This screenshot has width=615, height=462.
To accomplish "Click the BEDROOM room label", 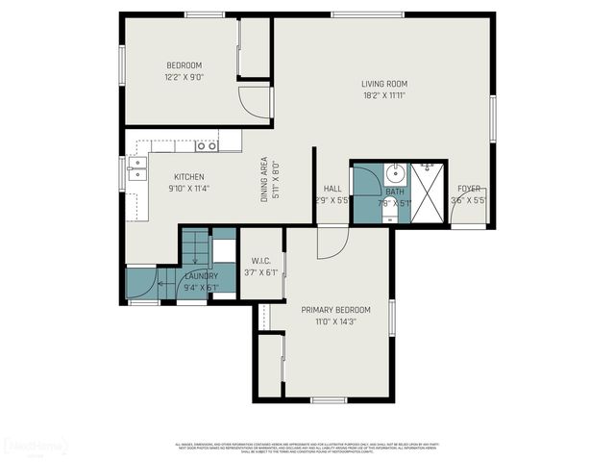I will [x=184, y=64].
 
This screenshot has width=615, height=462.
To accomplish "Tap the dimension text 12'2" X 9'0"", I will [x=184, y=77].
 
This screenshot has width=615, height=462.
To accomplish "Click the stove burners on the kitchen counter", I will [x=206, y=145].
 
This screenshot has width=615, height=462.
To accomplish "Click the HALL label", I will [x=332, y=189].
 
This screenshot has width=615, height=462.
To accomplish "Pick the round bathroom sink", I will [x=396, y=174].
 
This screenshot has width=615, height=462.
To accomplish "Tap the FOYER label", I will [x=468, y=189].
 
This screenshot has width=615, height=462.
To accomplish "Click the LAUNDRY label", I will [x=195, y=275].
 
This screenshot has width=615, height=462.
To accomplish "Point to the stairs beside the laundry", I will [x=195, y=247].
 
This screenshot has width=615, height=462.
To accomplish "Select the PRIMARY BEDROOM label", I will [x=335, y=309].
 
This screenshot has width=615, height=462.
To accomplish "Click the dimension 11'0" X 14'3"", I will [x=335, y=322].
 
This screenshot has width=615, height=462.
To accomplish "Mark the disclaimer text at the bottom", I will [x=307, y=448].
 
